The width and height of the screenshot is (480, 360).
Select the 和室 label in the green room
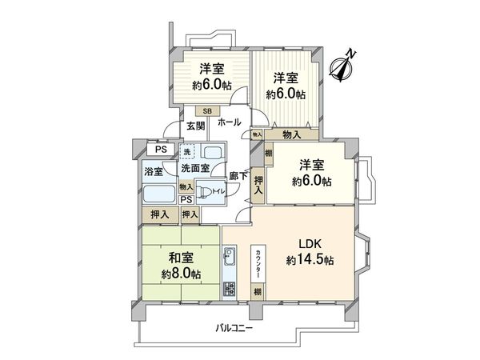[181, 258]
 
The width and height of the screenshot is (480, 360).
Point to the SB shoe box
[206, 111]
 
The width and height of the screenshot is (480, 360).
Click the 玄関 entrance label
[196, 126]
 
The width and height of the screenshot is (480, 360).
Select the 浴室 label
[153, 171]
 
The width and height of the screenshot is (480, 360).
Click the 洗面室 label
[194, 168]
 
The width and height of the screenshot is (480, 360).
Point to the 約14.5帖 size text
[309, 260]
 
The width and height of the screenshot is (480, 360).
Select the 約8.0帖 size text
[181, 274]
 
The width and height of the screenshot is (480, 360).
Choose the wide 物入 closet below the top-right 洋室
[291, 135]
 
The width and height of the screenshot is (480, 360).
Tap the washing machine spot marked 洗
[186, 152]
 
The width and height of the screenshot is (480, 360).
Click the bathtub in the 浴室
[159, 194]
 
